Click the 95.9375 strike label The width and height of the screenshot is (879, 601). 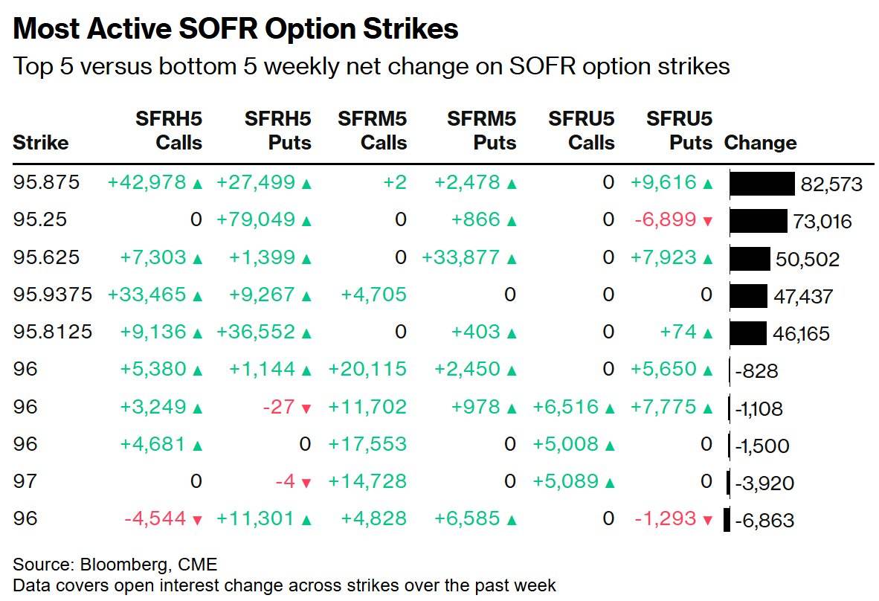[52, 295]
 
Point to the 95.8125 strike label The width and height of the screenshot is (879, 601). [52, 331]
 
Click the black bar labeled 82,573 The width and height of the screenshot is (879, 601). [762, 184]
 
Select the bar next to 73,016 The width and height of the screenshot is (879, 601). [759, 221]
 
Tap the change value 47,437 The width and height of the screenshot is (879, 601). [803, 296]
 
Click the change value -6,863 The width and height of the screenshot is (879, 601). [764, 520]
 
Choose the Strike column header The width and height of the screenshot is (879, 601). [40, 142]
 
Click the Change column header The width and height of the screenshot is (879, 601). [760, 142]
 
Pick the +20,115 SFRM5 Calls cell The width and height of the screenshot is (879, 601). [367, 369]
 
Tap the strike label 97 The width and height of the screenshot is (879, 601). [25, 481]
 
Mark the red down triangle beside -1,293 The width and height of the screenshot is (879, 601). [707, 520]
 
